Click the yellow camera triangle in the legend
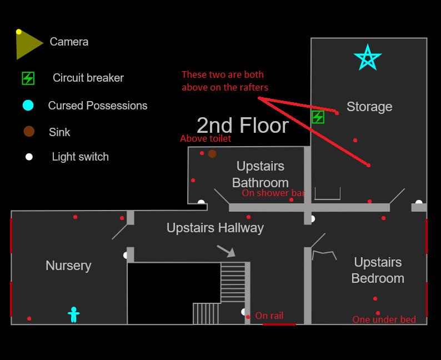click(x=28, y=44)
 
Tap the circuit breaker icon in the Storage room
click(x=318, y=117)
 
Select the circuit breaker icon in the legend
click(x=28, y=78)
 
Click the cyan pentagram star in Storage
click(x=368, y=57)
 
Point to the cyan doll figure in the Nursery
click(x=74, y=314)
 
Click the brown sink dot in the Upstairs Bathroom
click(x=212, y=154)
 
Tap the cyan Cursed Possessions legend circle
click(x=28, y=105)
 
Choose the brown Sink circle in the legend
click(x=29, y=131)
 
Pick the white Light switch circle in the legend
click(x=29, y=157)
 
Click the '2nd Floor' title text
click(x=243, y=126)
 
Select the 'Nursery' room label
click(x=69, y=266)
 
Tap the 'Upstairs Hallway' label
click(x=215, y=228)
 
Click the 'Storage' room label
click(x=369, y=107)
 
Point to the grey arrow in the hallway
click(x=226, y=251)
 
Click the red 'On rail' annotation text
click(x=269, y=316)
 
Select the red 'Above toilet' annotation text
click(x=206, y=138)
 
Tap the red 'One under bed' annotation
click(x=384, y=319)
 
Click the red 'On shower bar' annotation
click(x=273, y=193)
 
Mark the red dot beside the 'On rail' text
click(x=248, y=317)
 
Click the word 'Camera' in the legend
click(x=69, y=42)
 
